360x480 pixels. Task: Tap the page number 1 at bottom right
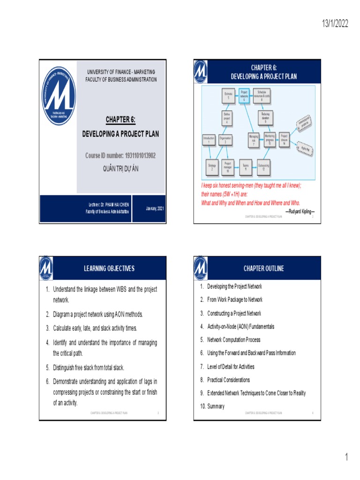347,457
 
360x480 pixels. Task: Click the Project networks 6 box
244,95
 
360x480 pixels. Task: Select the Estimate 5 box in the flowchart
228,95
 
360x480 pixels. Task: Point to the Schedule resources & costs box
261,95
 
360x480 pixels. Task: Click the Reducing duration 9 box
265,117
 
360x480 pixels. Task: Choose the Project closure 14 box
284,139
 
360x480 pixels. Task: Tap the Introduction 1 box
209,140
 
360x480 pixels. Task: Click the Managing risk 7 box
253,139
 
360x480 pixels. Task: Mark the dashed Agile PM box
304,148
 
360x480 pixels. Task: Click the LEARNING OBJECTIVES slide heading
109,268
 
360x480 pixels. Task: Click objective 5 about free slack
88,367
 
